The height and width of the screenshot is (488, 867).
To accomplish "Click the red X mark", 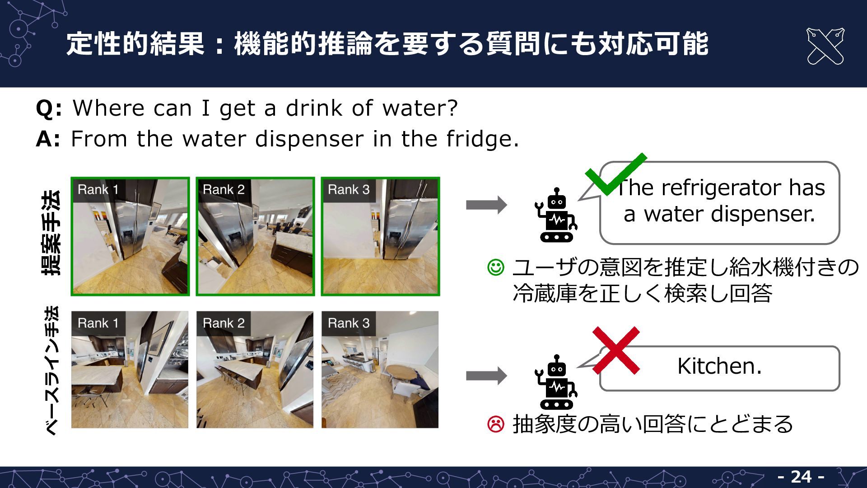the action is tap(616, 350).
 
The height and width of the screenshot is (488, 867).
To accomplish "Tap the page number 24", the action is tap(801, 476).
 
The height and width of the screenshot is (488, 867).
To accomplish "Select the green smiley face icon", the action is tap(495, 267).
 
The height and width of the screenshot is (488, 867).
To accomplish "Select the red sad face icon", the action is tap(495, 424).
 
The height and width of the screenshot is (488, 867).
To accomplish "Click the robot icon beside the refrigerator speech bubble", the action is tap(556, 215).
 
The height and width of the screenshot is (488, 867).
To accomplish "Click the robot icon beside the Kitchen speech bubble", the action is tap(556, 382).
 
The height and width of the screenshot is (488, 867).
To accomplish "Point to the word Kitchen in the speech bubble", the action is tap(719, 366).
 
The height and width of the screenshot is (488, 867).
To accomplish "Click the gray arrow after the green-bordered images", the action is tap(486, 205).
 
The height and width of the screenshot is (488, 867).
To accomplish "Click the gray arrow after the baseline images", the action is tap(486, 375).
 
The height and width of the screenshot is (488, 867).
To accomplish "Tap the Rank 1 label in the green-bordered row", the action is tap(98, 190).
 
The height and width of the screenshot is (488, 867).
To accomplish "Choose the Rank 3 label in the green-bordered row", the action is tap(349, 190).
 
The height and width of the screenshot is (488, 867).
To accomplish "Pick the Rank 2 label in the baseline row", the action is tap(224, 323).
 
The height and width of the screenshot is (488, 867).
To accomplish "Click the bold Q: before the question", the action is tap(49, 108).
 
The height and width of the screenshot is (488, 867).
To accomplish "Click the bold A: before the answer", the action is tap(48, 139).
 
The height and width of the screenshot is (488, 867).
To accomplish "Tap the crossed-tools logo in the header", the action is tap(825, 46).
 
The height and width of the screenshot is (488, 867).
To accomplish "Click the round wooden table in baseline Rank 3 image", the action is tap(403, 372).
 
